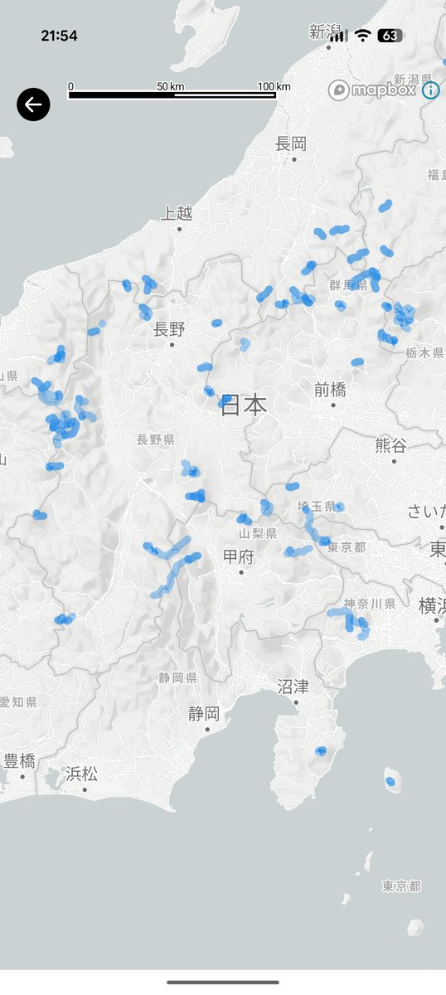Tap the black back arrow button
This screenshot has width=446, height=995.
(x=33, y=104)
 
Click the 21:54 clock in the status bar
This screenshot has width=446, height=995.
(x=59, y=36)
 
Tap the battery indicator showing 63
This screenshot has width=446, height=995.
(x=390, y=36)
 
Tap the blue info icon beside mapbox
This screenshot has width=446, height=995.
(x=430, y=90)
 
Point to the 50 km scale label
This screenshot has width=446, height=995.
(x=170, y=86)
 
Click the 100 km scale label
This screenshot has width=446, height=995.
(x=274, y=86)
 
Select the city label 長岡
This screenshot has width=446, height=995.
(x=291, y=144)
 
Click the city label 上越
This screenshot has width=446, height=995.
(x=177, y=213)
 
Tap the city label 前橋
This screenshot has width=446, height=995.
(x=330, y=390)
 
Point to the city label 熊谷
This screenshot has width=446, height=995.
(x=390, y=445)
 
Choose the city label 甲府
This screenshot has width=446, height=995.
(x=238, y=556)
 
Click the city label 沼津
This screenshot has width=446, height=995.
(x=293, y=687)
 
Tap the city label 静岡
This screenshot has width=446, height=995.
(x=203, y=713)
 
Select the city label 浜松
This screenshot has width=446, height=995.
(x=82, y=774)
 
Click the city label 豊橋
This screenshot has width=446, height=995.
(x=20, y=761)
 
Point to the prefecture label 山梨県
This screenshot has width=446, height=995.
(x=256, y=532)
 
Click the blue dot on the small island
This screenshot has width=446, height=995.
(x=390, y=781)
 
